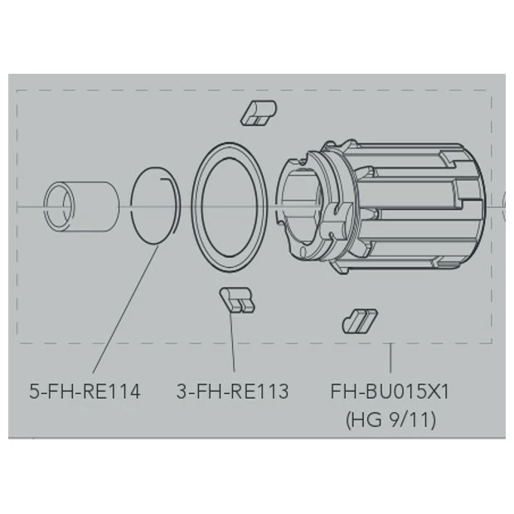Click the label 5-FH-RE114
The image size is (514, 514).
point(85,390)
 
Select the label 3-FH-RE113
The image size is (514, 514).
point(233,390)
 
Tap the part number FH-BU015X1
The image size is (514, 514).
point(390,390)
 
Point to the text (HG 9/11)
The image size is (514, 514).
point(390,419)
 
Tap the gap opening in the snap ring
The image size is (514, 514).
point(171,182)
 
